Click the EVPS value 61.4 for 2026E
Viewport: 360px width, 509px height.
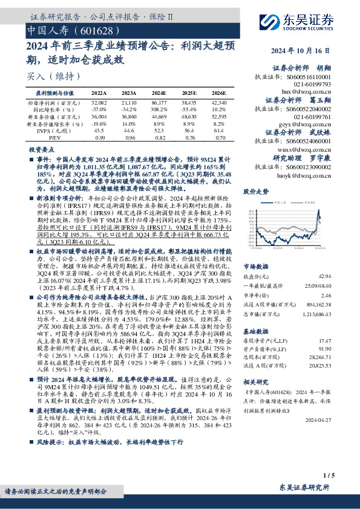(x=219, y=131)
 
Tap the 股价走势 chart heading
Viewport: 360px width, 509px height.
(x=255, y=191)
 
